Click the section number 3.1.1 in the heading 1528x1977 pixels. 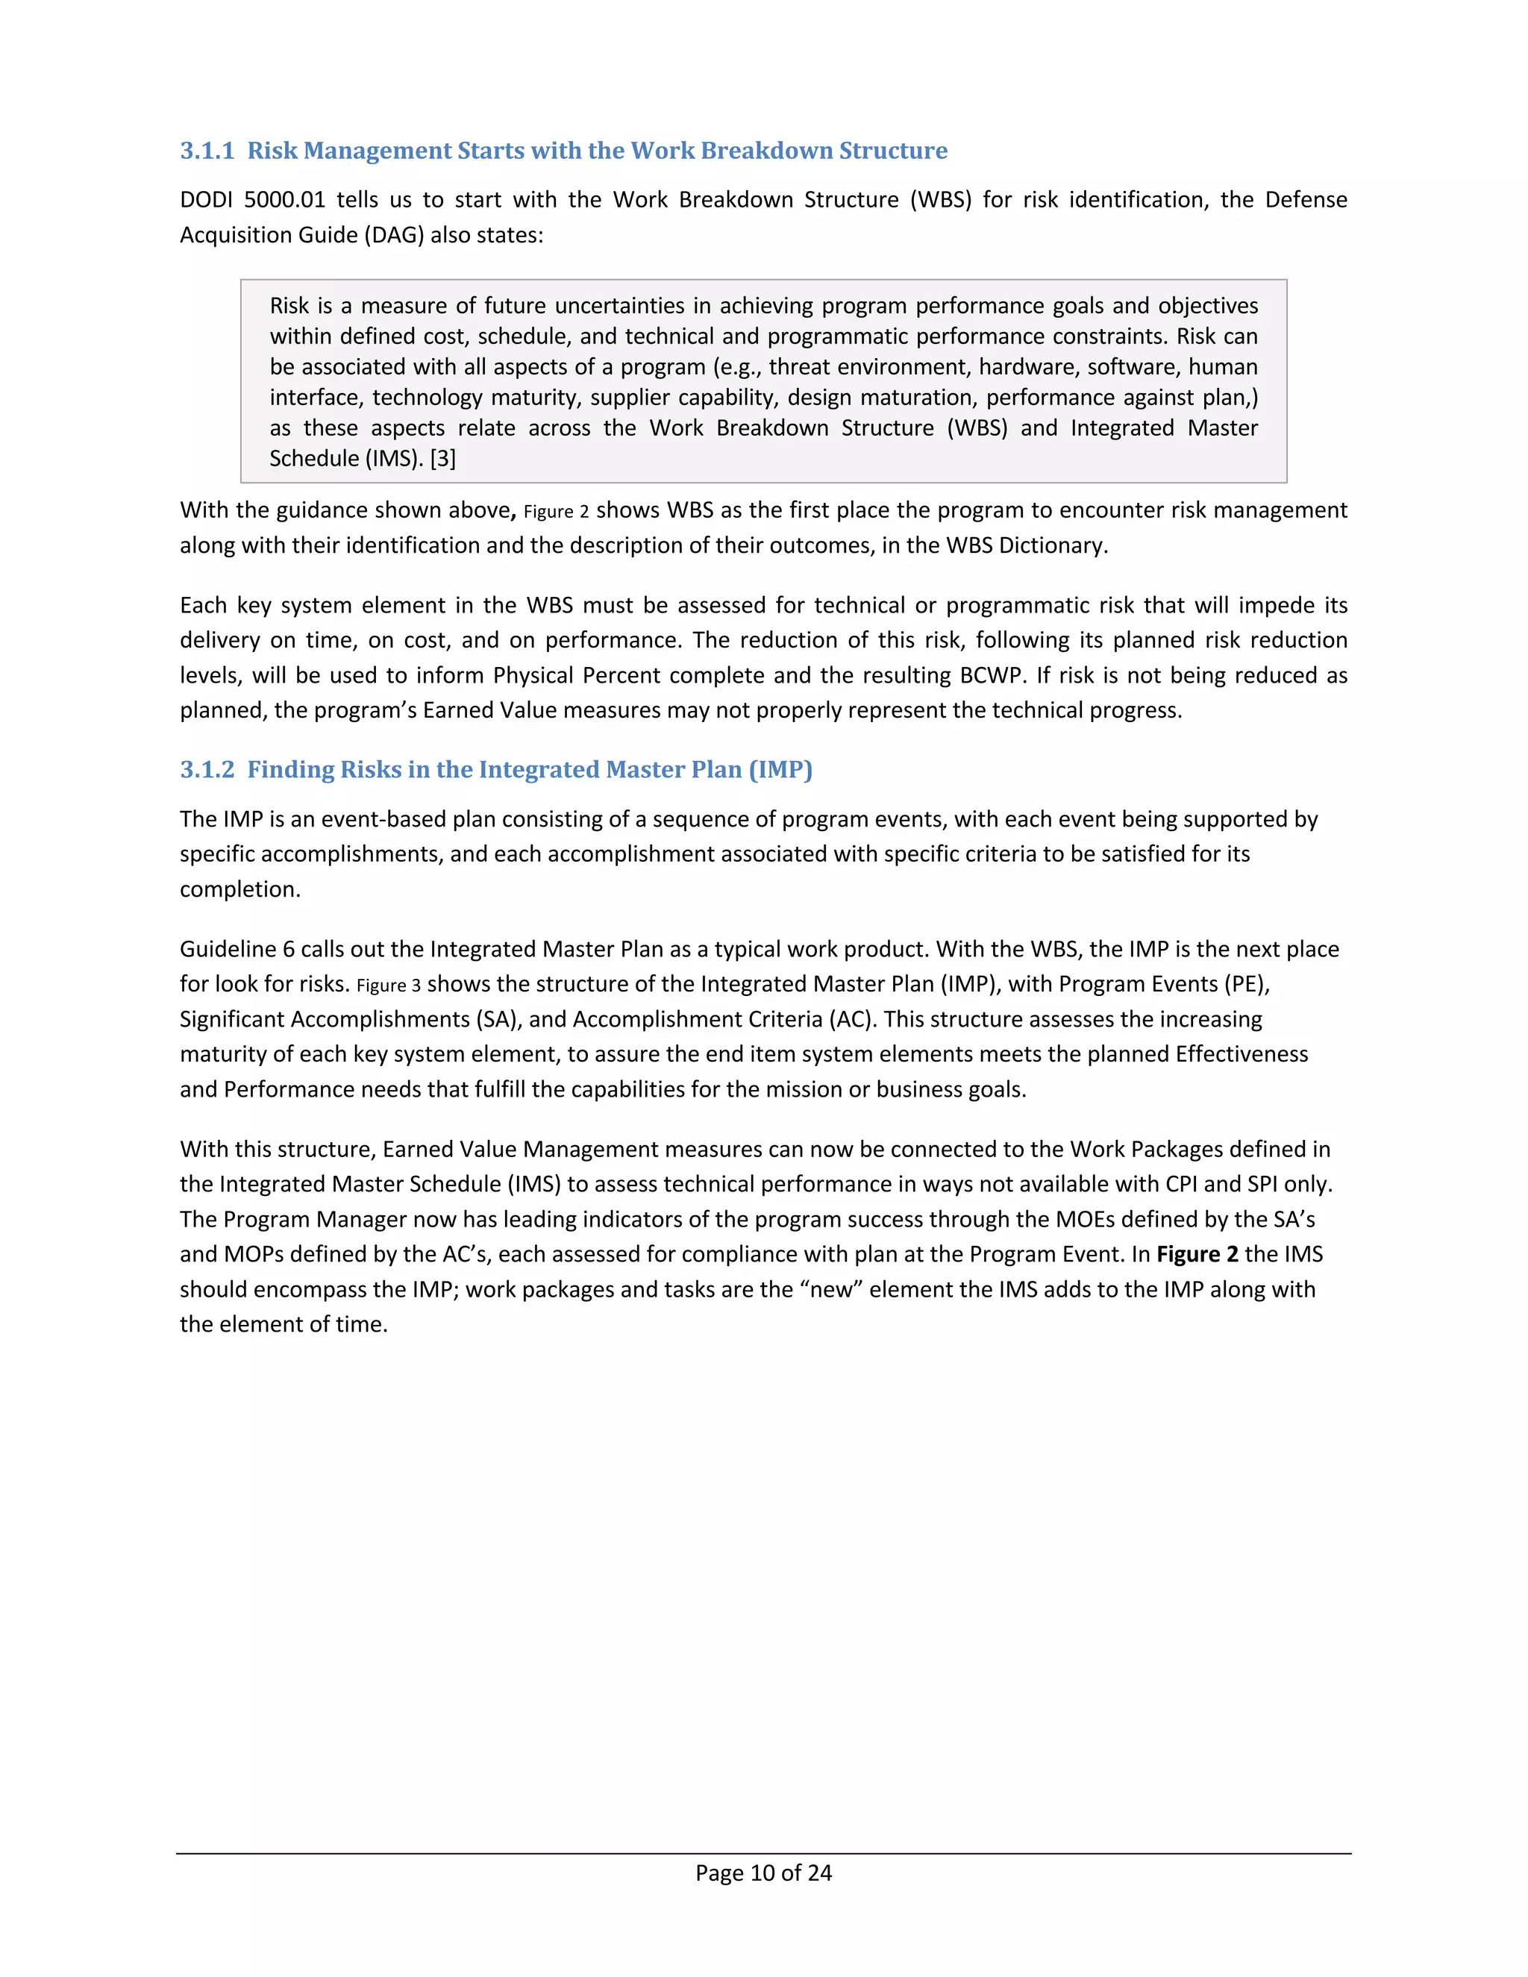pos(207,150)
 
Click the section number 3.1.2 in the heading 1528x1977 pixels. pos(207,769)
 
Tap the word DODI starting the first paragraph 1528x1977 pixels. pos(205,200)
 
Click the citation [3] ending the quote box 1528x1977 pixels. pos(442,459)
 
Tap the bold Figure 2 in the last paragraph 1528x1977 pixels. pos(1197,1255)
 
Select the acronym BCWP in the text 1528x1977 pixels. pos(992,676)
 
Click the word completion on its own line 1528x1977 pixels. pos(240,890)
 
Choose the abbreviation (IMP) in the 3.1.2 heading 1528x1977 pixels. pos(780,769)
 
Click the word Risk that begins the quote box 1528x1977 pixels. pos(289,306)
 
